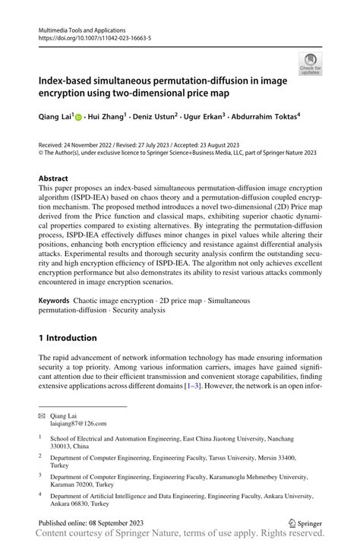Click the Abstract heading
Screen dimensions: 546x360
pyautogui.click(x=58, y=178)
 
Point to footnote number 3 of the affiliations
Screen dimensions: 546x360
pyautogui.click(x=40, y=475)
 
